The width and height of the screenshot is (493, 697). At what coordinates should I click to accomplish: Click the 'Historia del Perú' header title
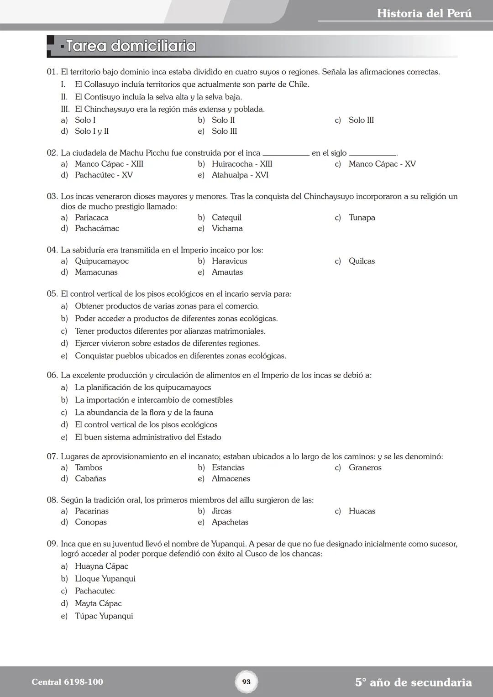click(x=424, y=14)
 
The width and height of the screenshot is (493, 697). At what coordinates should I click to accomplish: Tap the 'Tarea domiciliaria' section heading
click(x=131, y=46)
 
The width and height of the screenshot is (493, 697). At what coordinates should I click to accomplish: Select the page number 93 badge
click(x=246, y=682)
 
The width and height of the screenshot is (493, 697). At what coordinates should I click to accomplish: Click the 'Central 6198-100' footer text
click(x=67, y=682)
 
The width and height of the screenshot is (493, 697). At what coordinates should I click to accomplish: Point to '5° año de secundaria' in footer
click(x=413, y=682)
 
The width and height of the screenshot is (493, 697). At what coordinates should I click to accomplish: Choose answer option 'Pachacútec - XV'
click(x=104, y=175)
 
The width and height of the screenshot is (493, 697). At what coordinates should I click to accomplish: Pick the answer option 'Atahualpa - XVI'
click(x=240, y=175)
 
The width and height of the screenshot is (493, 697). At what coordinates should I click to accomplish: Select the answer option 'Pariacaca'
click(x=92, y=218)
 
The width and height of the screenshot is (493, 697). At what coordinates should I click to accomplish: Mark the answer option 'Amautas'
click(x=227, y=272)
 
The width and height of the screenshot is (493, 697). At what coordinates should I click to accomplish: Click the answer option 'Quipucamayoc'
click(x=102, y=261)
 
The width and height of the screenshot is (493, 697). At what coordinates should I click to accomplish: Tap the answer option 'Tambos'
click(x=89, y=467)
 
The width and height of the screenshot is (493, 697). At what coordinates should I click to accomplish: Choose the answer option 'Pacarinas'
click(x=92, y=511)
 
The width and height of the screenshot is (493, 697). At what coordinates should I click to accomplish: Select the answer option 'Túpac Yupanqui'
click(x=104, y=616)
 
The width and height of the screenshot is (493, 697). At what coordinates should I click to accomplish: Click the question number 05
click(x=52, y=294)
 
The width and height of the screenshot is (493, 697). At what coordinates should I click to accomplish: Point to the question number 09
click(x=52, y=544)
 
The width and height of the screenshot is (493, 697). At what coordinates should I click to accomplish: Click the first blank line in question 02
click(x=286, y=154)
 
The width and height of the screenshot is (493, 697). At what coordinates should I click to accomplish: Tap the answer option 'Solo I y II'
click(x=92, y=131)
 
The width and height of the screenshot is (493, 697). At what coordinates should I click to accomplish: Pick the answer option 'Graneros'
click(x=365, y=467)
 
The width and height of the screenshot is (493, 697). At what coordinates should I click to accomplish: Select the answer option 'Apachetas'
click(x=230, y=522)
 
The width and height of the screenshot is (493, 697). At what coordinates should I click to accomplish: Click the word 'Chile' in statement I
click(x=298, y=84)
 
